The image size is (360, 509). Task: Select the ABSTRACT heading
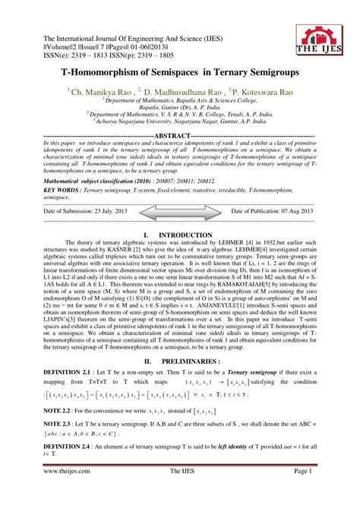coord(178,133)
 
